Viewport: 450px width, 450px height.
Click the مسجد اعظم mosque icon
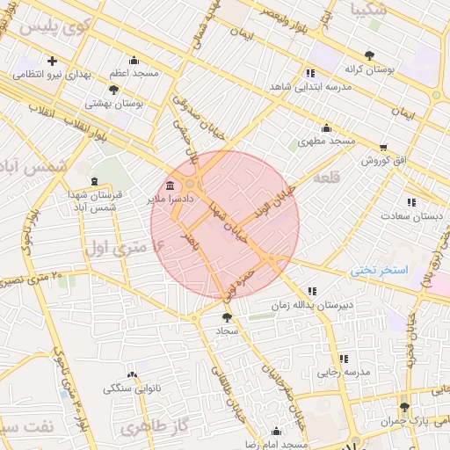coord(133,61)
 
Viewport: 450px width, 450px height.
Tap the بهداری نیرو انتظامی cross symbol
coord(52,62)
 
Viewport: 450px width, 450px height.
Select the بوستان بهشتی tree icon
coord(113,89)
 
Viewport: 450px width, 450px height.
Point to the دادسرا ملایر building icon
coord(170,186)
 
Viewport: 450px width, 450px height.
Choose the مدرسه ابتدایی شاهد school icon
coord(310,73)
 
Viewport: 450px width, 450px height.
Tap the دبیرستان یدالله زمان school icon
coord(311,291)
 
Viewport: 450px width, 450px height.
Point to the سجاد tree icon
coord(227,316)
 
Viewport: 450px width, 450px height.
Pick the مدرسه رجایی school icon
coord(343,359)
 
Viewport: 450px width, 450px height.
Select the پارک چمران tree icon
coord(404,407)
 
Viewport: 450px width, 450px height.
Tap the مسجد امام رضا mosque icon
coord(277,431)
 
